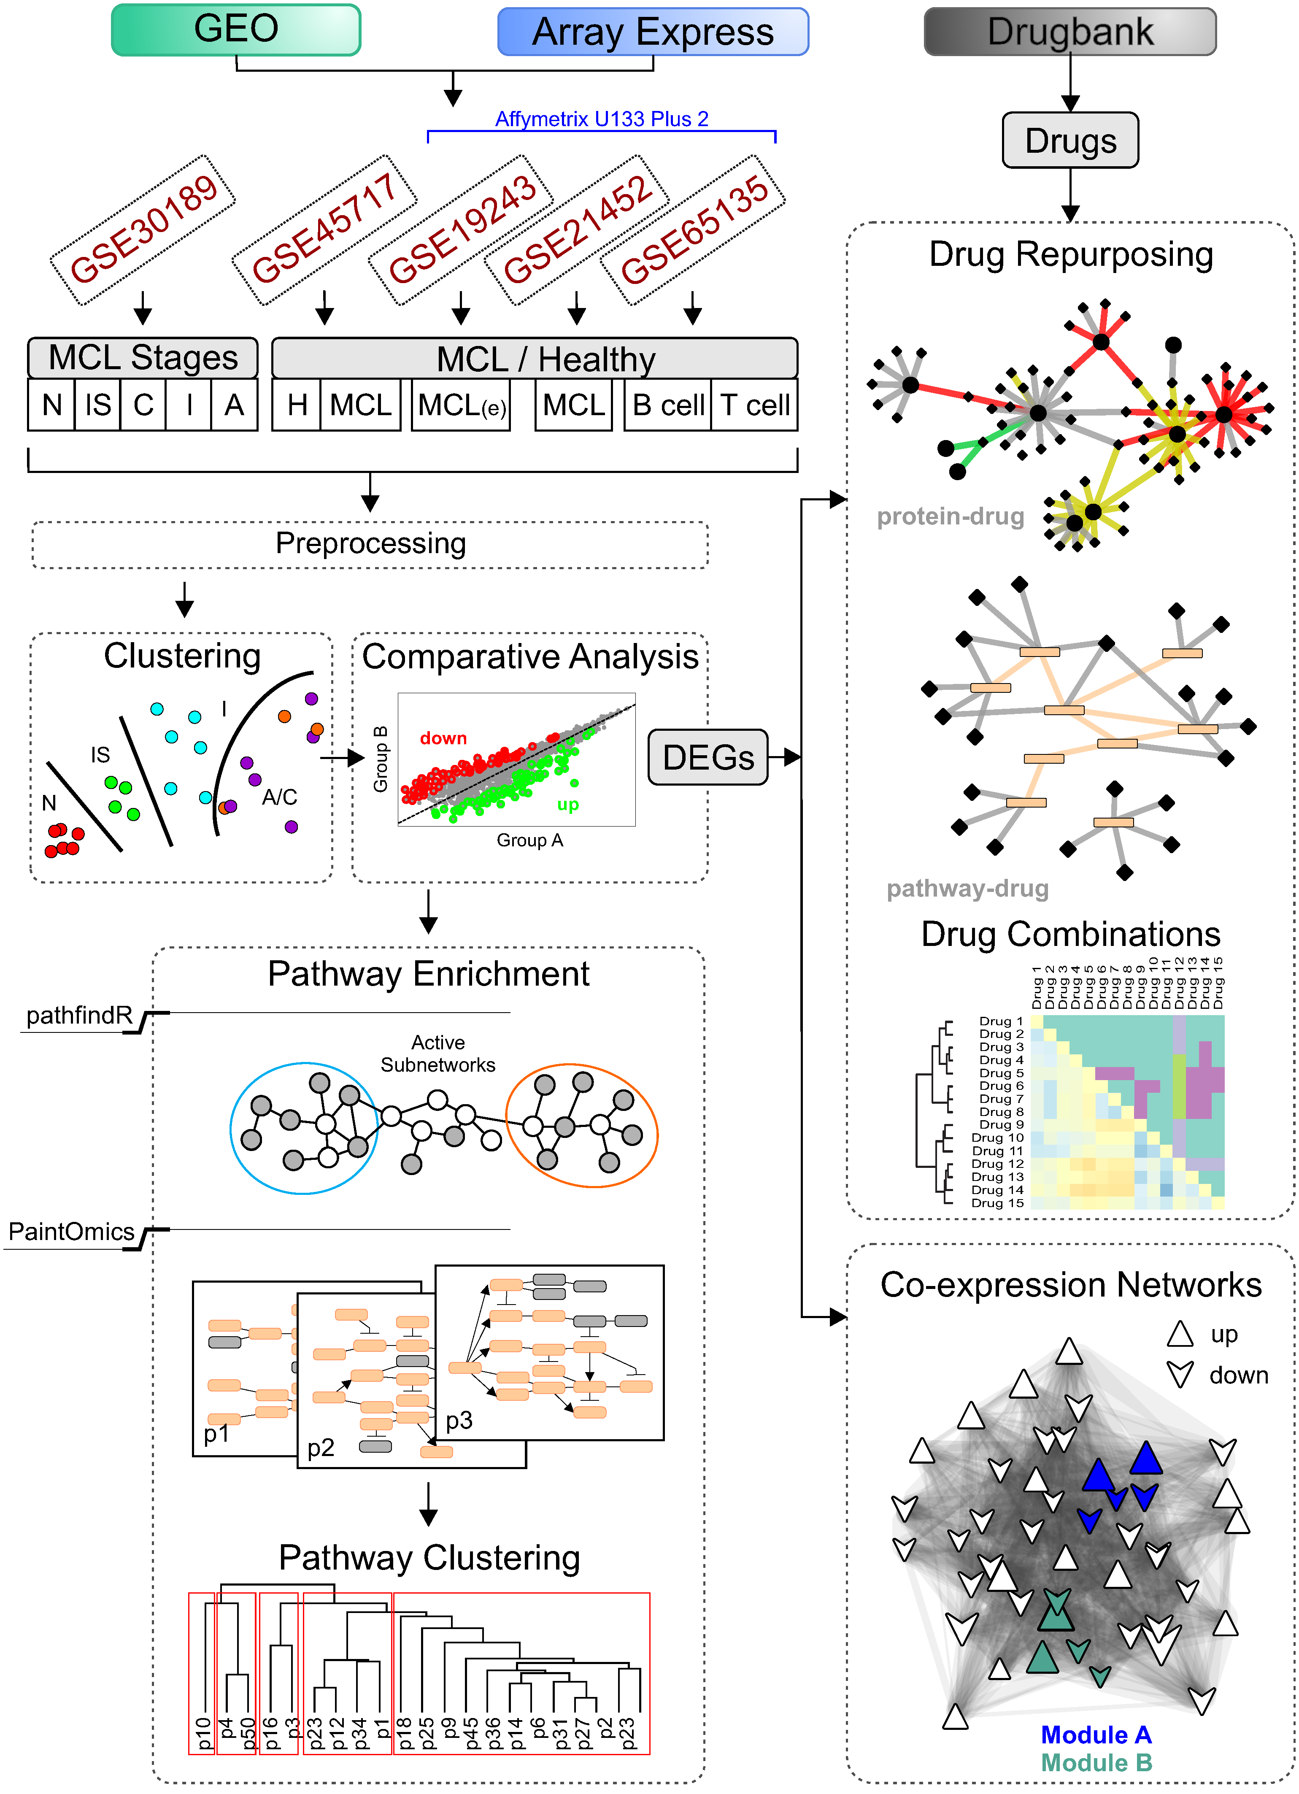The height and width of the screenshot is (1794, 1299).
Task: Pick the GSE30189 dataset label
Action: [143, 230]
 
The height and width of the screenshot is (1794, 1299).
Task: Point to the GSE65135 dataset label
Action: [693, 230]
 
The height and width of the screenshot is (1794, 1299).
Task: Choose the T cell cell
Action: [754, 405]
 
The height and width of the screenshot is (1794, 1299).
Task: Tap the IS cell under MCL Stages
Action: [98, 405]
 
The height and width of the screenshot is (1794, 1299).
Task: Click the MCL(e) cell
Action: [461, 405]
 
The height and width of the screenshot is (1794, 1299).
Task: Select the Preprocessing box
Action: [370, 544]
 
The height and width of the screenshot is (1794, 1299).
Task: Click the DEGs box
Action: [708, 758]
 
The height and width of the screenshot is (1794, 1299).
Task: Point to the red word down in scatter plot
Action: [443, 738]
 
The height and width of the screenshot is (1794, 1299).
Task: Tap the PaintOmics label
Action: [71, 1232]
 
